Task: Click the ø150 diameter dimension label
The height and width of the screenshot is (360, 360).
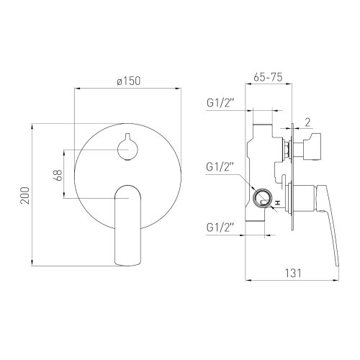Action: click(128, 81)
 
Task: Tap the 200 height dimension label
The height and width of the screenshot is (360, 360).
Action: click(25, 195)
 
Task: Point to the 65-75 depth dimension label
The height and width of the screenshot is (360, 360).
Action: click(268, 77)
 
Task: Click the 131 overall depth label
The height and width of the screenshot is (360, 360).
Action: click(293, 273)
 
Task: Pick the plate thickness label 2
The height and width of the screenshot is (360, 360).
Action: click(307, 122)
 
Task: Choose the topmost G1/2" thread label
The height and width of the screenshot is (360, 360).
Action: click(220, 103)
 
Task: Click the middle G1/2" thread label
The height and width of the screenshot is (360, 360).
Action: click(220, 167)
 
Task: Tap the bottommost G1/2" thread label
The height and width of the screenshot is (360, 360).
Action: click(220, 228)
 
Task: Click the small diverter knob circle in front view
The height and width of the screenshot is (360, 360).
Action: click(127, 149)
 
